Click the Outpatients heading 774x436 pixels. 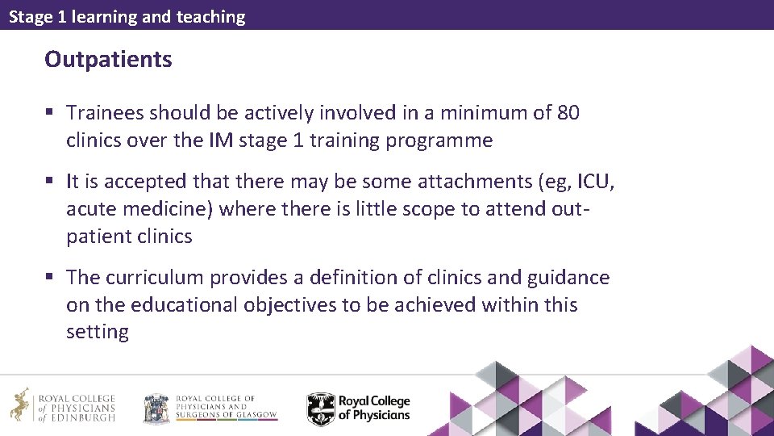[108, 59]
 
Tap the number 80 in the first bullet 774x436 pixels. [568, 113]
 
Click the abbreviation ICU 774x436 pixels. [594, 182]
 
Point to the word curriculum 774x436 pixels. [155, 278]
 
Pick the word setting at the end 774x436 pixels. [97, 332]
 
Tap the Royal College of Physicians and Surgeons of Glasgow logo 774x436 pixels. [210, 409]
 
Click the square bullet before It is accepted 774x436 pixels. [50, 182]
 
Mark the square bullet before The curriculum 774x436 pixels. [50, 279]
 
